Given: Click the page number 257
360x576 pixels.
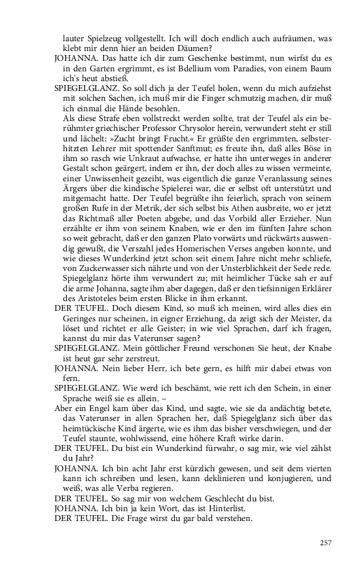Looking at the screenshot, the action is click(x=326, y=542).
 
